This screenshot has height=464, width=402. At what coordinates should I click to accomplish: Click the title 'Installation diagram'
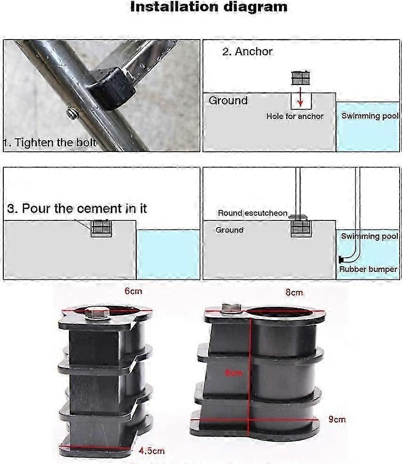208,7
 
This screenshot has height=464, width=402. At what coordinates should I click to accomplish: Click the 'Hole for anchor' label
294,116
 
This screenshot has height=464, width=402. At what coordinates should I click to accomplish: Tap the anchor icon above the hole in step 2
300,77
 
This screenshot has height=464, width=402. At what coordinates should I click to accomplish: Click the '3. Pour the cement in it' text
77,208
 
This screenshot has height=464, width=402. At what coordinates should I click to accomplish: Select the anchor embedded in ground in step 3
101,228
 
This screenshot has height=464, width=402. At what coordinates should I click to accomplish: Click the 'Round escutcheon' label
252,213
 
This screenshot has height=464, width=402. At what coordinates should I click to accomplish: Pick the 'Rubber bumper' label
368,269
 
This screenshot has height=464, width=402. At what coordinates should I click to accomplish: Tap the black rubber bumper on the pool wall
340,259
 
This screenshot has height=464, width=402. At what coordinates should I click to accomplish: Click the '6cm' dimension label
133,291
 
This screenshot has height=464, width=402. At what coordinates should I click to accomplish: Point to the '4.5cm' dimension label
151,451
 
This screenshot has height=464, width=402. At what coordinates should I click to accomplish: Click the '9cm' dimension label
337,419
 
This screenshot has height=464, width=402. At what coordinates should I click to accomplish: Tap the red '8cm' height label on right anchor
234,373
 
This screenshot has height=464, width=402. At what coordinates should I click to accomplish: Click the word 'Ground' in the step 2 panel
228,101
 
